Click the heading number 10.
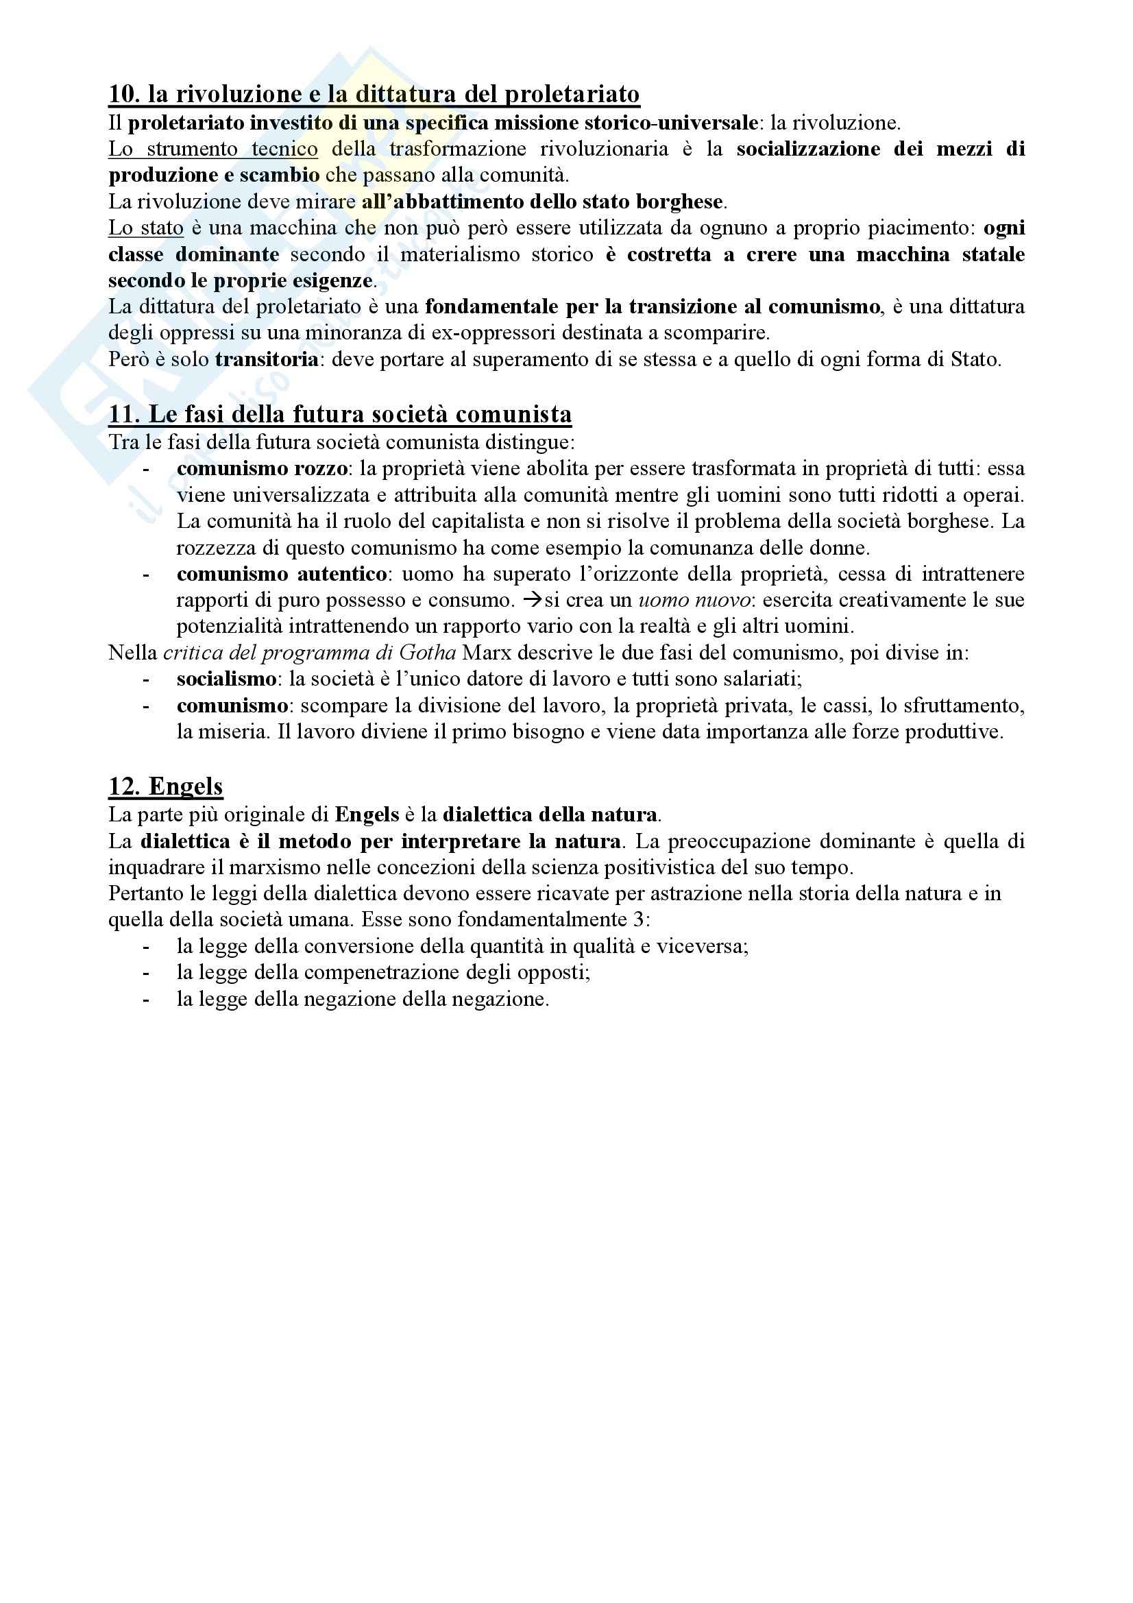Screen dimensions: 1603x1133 point(123,94)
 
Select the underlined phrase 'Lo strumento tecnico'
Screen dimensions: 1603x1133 point(213,149)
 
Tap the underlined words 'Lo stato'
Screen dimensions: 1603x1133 point(146,228)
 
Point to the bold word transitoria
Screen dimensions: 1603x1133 point(267,360)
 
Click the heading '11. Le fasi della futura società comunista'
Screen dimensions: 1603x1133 point(340,415)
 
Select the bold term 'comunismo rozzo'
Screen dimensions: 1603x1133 point(262,468)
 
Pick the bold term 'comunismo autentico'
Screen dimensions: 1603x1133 point(281,574)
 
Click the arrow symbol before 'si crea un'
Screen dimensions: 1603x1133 point(533,601)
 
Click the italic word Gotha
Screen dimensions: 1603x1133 point(428,653)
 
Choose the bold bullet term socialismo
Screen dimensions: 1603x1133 point(226,679)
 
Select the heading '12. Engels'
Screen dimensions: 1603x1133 point(165,786)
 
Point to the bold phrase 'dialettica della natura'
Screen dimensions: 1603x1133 point(550,815)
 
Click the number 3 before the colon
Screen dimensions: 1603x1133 point(640,919)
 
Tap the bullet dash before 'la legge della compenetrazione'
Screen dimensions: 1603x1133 point(146,972)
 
